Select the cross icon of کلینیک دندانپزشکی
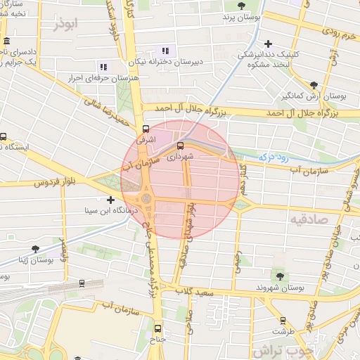[269, 44]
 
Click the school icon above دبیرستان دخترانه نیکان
[166, 51]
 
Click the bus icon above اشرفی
[146, 129]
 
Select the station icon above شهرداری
[180, 146]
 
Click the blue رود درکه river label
[275, 157]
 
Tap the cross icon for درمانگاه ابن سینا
[110, 200]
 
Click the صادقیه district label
[308, 219]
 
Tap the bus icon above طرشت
[283, 320]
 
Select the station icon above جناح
[157, 328]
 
